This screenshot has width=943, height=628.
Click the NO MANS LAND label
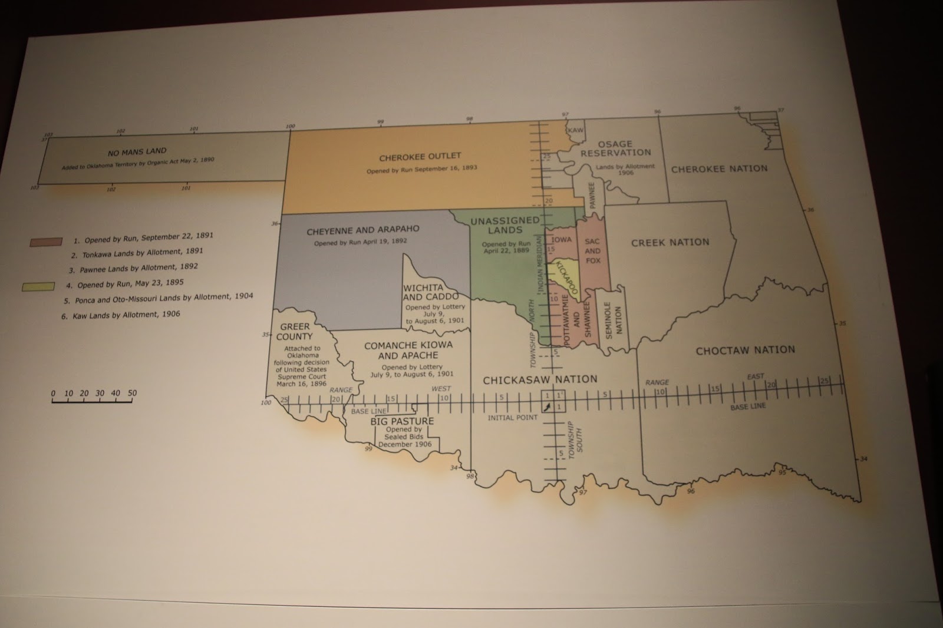point(137,152)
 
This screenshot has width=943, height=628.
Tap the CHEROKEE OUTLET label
point(420,157)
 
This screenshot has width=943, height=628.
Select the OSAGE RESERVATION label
point(615,148)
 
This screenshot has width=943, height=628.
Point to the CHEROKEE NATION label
point(719,168)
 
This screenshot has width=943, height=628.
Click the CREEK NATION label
point(670,242)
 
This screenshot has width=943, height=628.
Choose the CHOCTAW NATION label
point(745,351)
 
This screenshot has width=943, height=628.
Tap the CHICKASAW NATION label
point(540,380)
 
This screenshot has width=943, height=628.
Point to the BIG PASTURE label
point(402,421)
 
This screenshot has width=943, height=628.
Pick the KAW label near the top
point(575,130)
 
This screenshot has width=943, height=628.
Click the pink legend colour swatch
point(47,242)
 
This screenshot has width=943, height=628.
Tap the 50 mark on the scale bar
point(132,393)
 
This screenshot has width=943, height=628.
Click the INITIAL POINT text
point(512,418)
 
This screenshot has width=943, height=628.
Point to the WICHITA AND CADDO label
point(430,292)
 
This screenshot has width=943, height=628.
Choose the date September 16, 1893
point(449,168)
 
